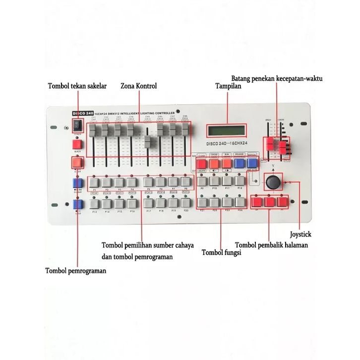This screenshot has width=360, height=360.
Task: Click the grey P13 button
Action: click(94, 203)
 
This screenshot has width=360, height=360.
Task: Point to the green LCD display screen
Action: click(228, 130)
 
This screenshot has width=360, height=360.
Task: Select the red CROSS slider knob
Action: click(284, 147)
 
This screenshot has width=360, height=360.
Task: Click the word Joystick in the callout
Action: click(301, 234)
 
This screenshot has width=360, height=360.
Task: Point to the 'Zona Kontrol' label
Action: click(138, 86)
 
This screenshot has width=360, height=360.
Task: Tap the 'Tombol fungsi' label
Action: click(221, 252)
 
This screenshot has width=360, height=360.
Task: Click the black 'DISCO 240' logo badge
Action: click(79, 113)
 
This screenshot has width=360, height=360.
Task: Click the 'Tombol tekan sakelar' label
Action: click(77, 86)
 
